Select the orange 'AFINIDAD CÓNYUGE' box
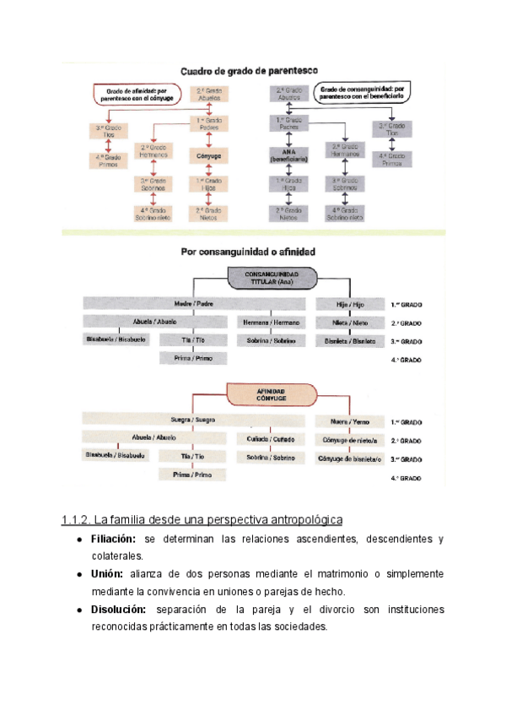point(271,394)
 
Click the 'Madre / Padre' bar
point(195,304)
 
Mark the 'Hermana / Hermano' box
point(271,323)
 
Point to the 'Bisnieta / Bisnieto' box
point(349,341)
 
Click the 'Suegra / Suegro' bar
point(194,420)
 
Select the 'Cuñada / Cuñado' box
point(271,439)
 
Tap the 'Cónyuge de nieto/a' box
point(349,440)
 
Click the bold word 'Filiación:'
point(114,539)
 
